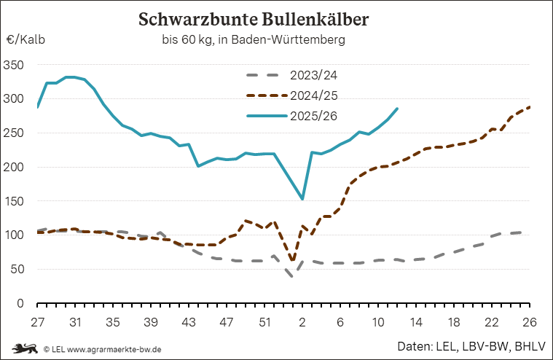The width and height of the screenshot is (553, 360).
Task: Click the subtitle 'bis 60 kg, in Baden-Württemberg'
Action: (x=253, y=39)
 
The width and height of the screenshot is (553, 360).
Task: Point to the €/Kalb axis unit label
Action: (x=26, y=40)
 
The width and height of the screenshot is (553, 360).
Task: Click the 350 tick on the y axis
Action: (x=14, y=65)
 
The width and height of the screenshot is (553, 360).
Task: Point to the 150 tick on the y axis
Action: (x=14, y=201)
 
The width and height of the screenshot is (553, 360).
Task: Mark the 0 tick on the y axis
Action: (x=20, y=304)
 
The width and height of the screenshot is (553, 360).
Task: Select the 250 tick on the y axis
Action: (x=14, y=133)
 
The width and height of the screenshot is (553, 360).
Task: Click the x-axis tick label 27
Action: (x=38, y=321)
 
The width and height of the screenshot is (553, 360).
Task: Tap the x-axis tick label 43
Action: (x=188, y=321)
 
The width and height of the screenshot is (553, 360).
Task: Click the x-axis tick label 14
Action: (x=416, y=321)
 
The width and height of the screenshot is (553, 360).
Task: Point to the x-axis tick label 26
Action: (x=529, y=321)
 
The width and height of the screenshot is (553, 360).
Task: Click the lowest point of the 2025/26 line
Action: (x=302, y=199)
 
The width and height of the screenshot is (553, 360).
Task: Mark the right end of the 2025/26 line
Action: (x=397, y=109)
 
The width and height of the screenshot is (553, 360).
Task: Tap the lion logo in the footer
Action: (x=24, y=348)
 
